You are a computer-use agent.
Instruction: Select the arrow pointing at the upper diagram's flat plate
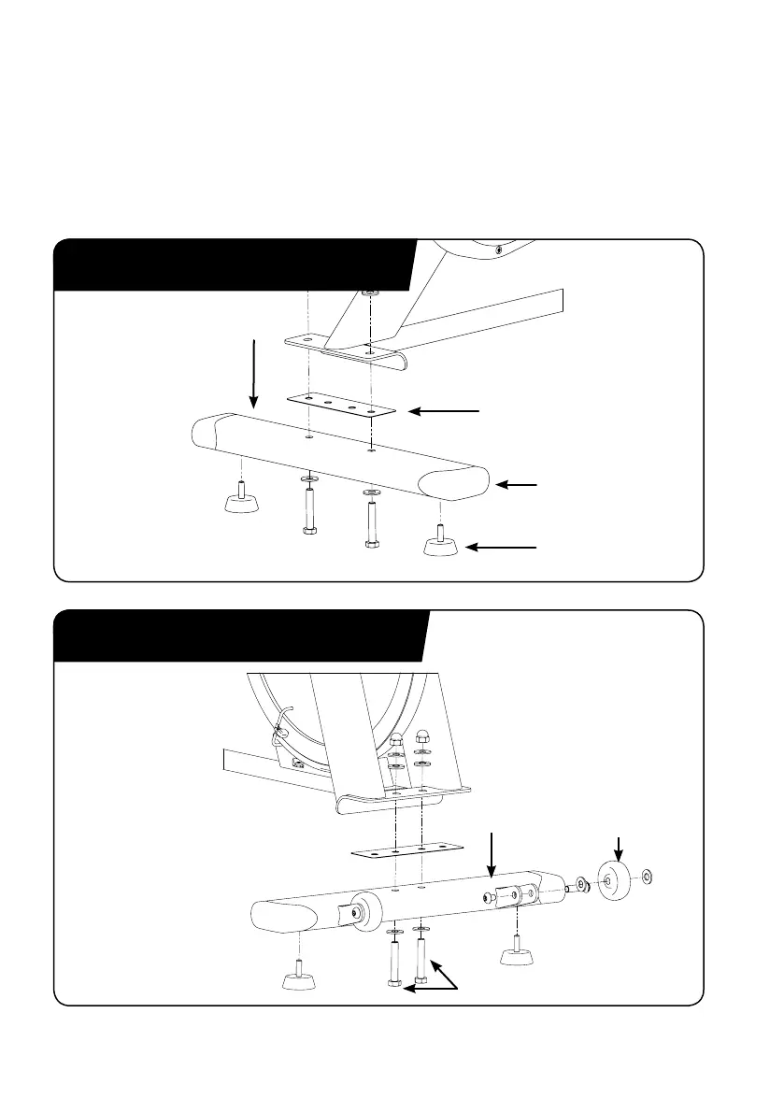click(x=446, y=410)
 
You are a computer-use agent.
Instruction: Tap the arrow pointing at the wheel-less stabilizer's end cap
click(x=517, y=485)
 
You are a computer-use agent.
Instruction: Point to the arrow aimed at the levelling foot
click(x=502, y=545)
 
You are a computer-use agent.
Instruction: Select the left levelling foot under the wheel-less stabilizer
click(x=241, y=501)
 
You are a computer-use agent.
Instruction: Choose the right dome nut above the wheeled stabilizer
click(x=422, y=735)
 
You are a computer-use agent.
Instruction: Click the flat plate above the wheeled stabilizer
click(x=407, y=851)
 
